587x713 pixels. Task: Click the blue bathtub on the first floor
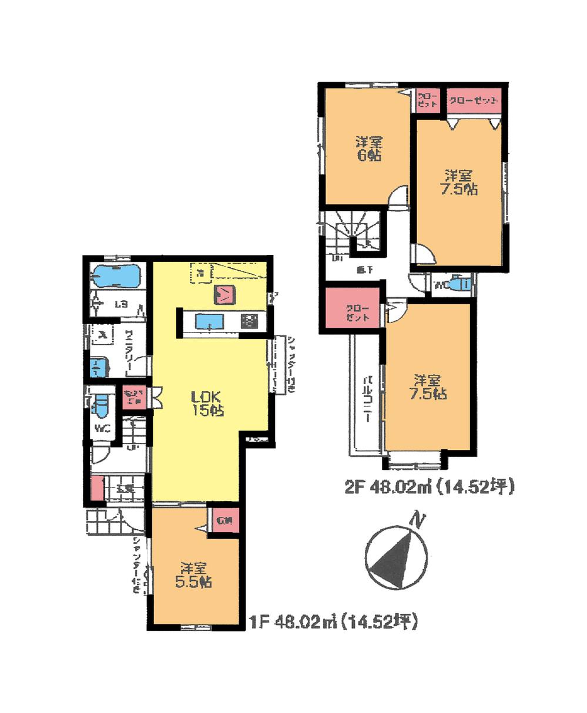pos(116,275)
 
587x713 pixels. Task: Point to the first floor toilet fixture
pos(101,405)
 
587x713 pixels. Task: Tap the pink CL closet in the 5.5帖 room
pos(223,520)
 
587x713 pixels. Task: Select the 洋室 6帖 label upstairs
pos(368,149)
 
